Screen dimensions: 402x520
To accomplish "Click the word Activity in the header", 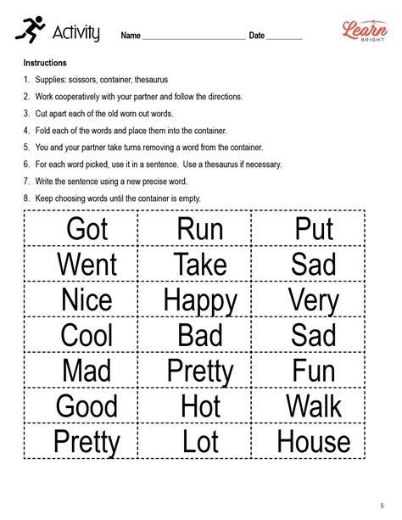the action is [76, 34].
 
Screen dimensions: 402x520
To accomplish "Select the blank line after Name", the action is [193, 37].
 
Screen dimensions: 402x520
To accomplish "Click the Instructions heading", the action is [45, 64].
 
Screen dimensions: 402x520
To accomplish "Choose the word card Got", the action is [87, 229].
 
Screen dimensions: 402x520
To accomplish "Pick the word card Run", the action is [200, 229].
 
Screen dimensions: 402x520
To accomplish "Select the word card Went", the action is [87, 265].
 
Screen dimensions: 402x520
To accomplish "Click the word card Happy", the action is [200, 300].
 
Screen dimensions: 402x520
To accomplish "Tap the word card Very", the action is [314, 300].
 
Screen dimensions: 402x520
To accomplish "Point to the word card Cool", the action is [87, 335].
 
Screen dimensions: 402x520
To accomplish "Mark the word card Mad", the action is [87, 371].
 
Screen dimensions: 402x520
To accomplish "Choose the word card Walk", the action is [314, 406].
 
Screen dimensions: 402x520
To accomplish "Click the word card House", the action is [314, 441].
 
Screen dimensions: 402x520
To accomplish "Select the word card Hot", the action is [200, 406].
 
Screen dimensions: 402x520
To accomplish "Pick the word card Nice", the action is [87, 300].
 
